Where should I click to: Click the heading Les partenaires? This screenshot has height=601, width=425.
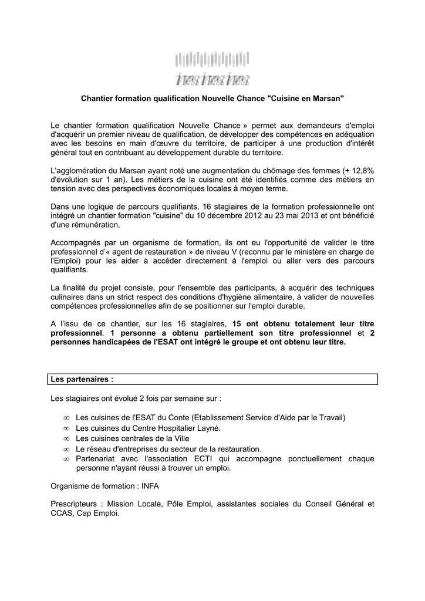coord(81,380)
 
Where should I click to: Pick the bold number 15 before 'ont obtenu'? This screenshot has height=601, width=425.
coord(237,323)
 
